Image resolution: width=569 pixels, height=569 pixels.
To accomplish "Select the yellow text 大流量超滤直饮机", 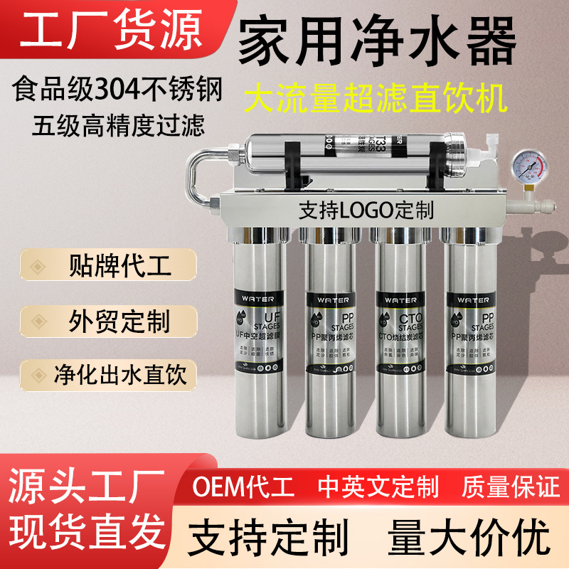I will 376,99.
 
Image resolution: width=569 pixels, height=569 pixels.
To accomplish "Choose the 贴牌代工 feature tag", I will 119,268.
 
